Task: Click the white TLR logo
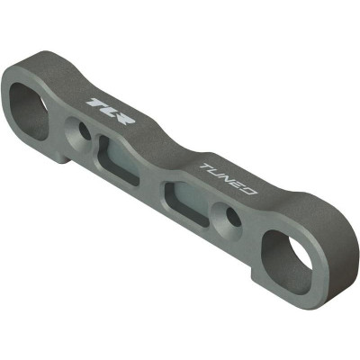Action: [x=111, y=111]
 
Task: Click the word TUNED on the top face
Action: [x=229, y=179]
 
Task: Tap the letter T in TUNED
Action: [x=207, y=167]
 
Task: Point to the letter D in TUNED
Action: [x=250, y=190]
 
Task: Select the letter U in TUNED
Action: [x=218, y=173]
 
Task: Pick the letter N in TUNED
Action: [x=229, y=179]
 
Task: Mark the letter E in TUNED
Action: [x=239, y=184]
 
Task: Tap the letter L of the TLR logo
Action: [x=108, y=110]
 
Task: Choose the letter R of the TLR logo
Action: [x=124, y=117]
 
